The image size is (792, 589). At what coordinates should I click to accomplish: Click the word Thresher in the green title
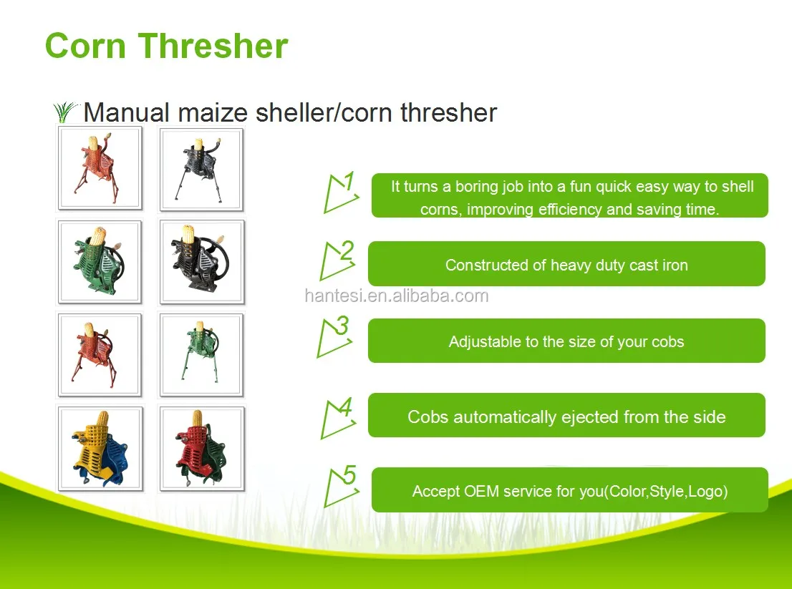click(x=213, y=46)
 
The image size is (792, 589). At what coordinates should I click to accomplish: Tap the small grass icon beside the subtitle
click(x=65, y=112)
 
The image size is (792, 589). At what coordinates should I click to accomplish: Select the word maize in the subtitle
click(x=213, y=112)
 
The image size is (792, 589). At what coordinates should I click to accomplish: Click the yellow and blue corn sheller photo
click(x=100, y=449)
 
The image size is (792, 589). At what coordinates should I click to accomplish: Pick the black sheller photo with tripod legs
click(x=201, y=170)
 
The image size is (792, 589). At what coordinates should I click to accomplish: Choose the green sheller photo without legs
click(x=100, y=262)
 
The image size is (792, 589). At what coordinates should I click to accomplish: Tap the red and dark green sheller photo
click(x=202, y=449)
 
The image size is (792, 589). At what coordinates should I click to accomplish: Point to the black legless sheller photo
click(x=202, y=262)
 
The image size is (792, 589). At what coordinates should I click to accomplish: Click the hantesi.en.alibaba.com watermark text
click(x=397, y=296)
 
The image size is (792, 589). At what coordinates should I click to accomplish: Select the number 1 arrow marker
click(x=342, y=193)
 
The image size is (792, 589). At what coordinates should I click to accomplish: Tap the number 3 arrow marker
click(x=335, y=336)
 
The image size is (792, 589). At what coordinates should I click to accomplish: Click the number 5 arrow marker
click(x=342, y=485)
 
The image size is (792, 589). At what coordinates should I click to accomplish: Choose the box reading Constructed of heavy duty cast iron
click(x=566, y=264)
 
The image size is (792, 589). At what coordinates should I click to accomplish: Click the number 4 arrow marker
click(x=338, y=418)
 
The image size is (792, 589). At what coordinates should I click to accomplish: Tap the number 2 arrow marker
click(x=337, y=261)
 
